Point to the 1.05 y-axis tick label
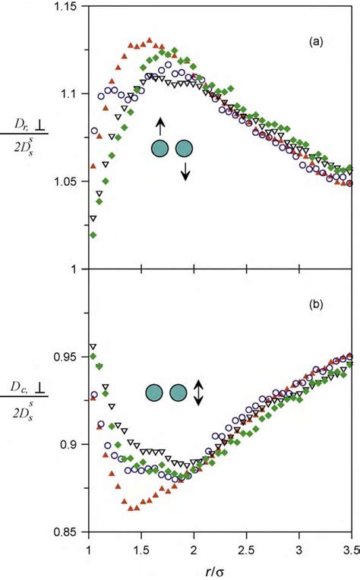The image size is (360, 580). (69, 181)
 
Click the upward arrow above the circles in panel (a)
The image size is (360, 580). (159, 126)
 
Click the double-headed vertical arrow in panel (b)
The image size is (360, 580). (197, 392)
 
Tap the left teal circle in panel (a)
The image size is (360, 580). (160, 149)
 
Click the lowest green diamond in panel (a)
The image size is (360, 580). (93, 235)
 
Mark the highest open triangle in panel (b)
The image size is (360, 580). (93, 347)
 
